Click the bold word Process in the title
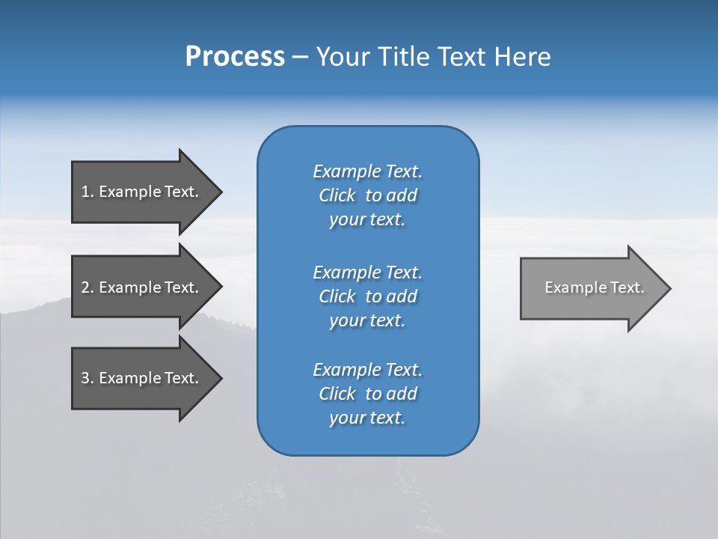pos(235,57)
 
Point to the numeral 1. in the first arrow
pos(88,192)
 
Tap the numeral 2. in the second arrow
pos(88,287)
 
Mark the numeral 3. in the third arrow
pos(88,378)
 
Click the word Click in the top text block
pos(337,195)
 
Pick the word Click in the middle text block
pos(337,296)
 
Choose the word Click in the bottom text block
pos(337,394)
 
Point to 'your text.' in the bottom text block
pos(367,418)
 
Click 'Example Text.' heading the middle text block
pos(367,272)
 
